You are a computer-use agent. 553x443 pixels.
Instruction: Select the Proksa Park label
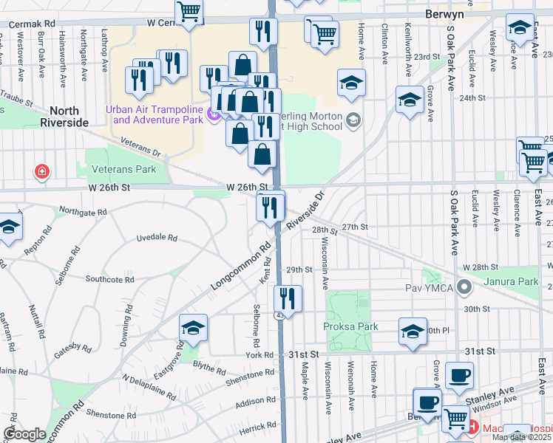(x=350, y=326)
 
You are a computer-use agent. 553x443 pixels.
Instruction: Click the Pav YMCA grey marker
(x=465, y=286)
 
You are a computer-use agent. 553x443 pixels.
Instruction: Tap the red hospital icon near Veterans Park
(x=43, y=172)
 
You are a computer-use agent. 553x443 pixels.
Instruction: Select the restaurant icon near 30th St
(x=287, y=299)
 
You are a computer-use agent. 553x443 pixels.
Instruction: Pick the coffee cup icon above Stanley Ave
(x=459, y=375)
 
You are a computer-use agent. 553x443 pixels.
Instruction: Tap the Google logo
(x=25, y=433)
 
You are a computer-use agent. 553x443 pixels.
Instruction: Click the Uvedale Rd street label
(x=157, y=238)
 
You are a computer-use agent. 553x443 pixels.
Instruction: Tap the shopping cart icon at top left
(x=189, y=11)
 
